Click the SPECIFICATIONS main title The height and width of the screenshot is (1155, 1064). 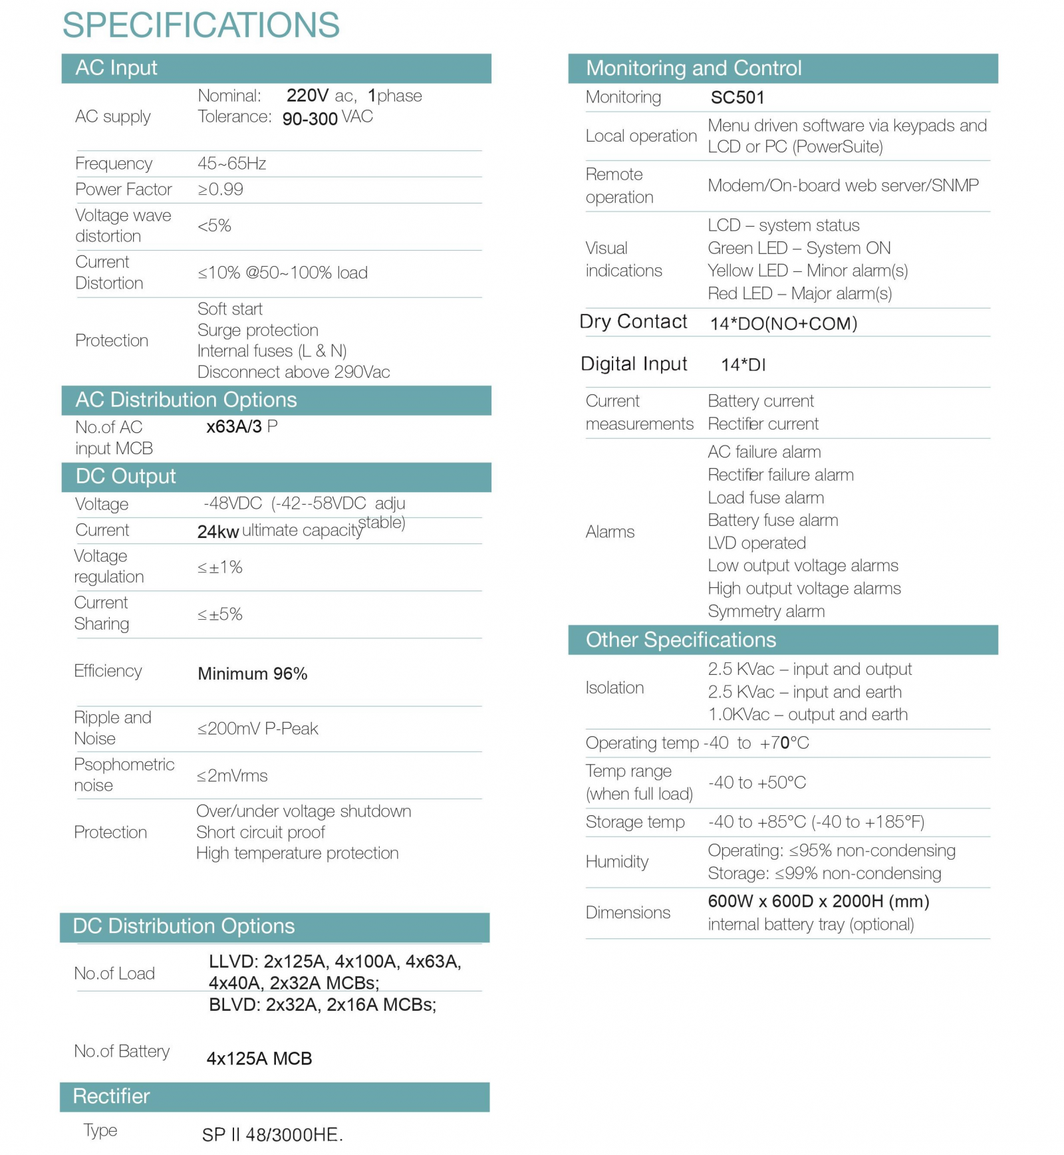pos(201,25)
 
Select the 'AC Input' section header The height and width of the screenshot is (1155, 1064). pos(116,68)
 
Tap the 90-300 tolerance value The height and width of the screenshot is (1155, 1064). pos(310,119)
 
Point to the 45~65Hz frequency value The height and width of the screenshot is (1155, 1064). pos(231,164)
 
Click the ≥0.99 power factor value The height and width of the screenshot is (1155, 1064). pos(220,190)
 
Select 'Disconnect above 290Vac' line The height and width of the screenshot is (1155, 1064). pos(293,372)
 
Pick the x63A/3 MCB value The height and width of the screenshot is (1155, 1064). pos(234,427)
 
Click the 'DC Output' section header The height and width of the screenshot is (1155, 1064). pos(126,476)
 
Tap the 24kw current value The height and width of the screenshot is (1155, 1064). pos(217,532)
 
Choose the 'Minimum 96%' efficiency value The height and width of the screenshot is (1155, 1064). pos(252,674)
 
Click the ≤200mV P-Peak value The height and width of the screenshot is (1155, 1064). pos(257,729)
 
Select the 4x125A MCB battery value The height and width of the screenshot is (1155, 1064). pos(259,1058)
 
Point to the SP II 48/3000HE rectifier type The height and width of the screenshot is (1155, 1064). pos(272,1134)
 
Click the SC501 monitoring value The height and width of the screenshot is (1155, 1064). pos(737,98)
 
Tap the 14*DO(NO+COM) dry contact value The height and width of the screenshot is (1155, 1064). pos(783,324)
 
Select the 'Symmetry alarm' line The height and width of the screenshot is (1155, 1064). pos(766,611)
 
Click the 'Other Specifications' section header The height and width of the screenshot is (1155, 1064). pos(680,640)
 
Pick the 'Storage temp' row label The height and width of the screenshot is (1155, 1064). pos(634,823)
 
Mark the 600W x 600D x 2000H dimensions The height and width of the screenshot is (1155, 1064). pos(818,902)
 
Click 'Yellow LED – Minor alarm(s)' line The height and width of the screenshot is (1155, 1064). pos(807,271)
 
